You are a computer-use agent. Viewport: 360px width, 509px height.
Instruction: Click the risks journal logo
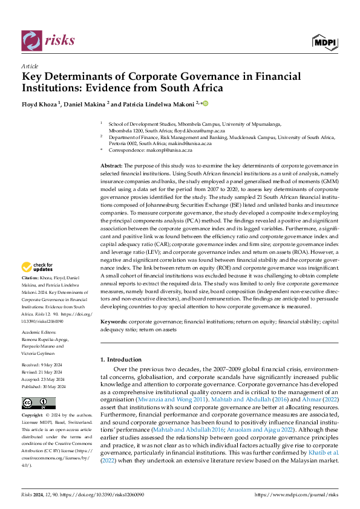coord(48,41)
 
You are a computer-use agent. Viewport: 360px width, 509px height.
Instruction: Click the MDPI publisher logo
coord(324,41)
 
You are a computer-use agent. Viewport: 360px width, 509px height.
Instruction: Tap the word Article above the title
coord(30,66)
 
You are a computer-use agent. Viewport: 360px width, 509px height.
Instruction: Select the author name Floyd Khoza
coord(41,103)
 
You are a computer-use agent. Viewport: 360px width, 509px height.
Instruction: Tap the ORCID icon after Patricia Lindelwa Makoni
coord(205,103)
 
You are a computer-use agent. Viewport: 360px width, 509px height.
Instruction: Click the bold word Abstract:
coord(111,166)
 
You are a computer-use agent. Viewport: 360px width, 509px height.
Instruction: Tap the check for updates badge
coord(39,266)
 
